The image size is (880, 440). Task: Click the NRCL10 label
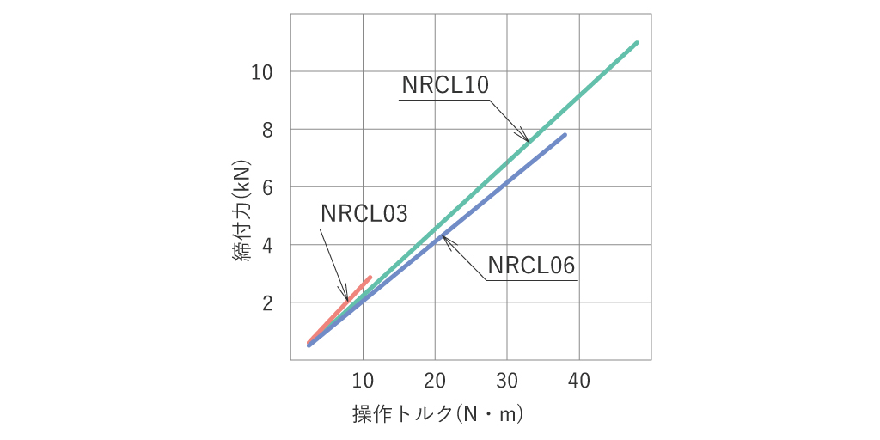[444, 85]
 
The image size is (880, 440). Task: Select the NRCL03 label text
[364, 214]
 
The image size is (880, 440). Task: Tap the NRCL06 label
[530, 266]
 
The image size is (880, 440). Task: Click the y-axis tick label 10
[261, 72]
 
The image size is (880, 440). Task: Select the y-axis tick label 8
[267, 130]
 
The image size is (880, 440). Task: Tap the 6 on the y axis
[267, 187]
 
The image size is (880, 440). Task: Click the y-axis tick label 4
[267, 245]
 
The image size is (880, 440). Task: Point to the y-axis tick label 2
[267, 303]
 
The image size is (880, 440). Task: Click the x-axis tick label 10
[363, 381]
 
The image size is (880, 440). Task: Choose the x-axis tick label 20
[435, 381]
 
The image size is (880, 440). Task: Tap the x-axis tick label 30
[507, 381]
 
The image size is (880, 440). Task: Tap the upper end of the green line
[636, 43]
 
